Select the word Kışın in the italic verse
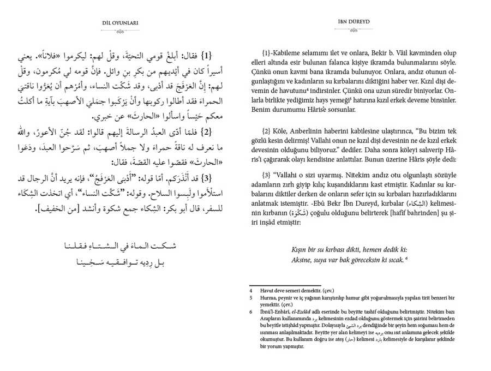pos(301,249)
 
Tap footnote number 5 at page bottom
pos(251,298)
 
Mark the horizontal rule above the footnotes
pos(268,285)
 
